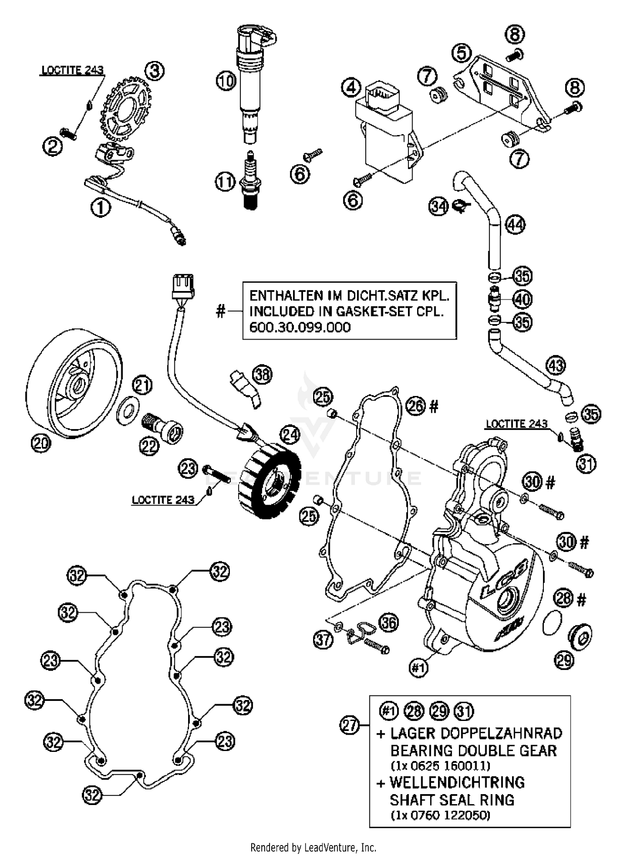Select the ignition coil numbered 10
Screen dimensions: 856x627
click(251, 79)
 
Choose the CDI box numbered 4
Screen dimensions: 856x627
click(387, 134)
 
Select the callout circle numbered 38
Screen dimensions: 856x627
click(262, 375)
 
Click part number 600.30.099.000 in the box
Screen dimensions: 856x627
click(300, 327)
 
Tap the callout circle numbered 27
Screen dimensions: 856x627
click(349, 725)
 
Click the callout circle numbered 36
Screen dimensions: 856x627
click(388, 623)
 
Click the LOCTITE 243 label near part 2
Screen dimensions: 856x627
click(72, 70)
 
